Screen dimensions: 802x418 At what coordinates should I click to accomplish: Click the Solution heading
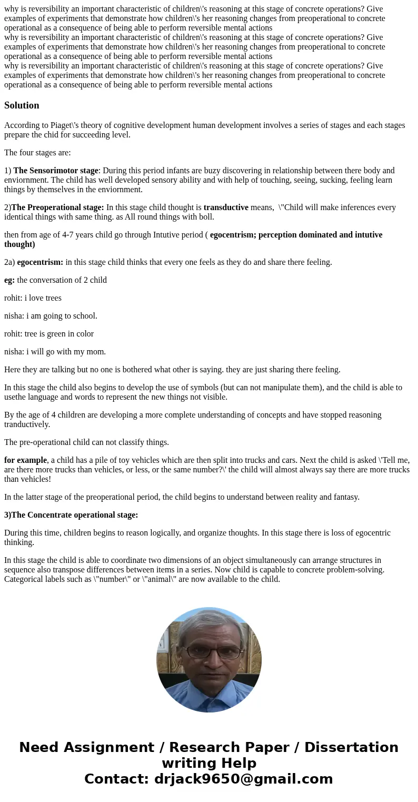click(x=22, y=105)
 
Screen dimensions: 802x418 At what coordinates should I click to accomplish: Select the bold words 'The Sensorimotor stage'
click(x=56, y=171)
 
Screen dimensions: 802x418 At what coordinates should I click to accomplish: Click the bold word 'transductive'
click(x=226, y=207)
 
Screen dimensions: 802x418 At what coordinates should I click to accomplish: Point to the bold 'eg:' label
click(x=9, y=280)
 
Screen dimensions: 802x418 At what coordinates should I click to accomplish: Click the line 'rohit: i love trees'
click(x=33, y=298)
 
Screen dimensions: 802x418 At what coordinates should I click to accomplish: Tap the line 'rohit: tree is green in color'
click(x=49, y=334)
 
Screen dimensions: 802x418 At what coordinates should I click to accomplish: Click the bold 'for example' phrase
click(x=25, y=460)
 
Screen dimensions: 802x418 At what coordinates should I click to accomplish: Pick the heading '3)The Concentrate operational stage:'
click(x=71, y=515)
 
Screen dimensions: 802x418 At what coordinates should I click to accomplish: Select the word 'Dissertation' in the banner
click(x=351, y=748)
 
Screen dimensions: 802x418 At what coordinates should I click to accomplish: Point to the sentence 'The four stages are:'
click(x=37, y=153)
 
